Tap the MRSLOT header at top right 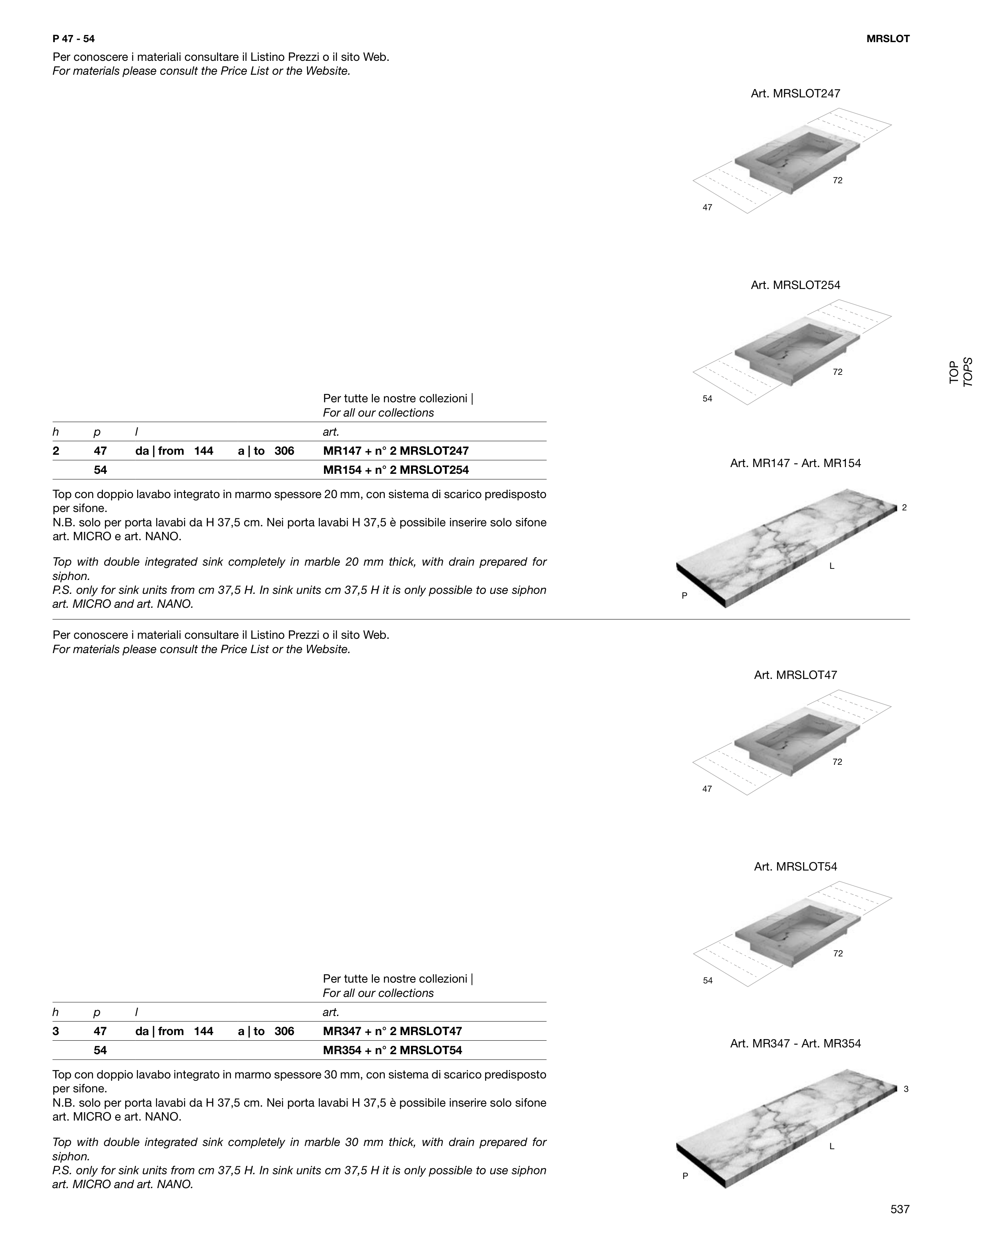[888, 39]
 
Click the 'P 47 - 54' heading [74, 39]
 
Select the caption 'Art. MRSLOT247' [795, 93]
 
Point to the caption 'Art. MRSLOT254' [795, 285]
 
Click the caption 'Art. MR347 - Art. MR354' [795, 1043]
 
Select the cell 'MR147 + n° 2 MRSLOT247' [396, 451]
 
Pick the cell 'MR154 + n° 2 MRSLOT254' [396, 470]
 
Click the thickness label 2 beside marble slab [904, 508]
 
